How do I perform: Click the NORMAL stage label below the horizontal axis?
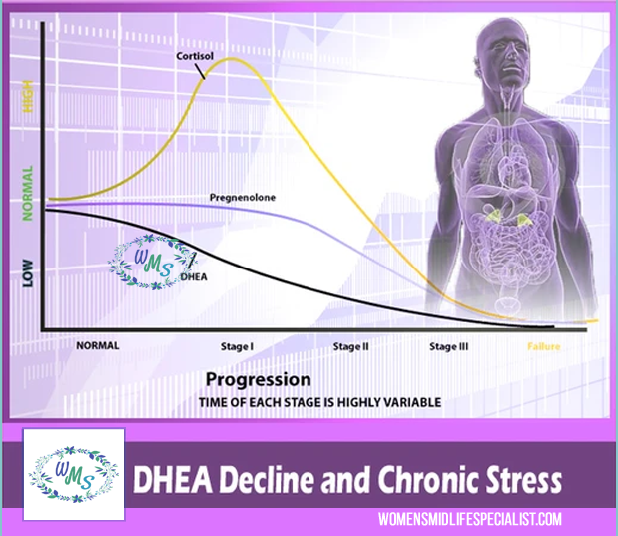[x=97, y=345]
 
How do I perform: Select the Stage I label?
[x=237, y=346]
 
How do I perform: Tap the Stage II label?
[x=351, y=346]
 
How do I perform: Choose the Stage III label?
[x=449, y=346]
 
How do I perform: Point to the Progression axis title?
[x=258, y=380]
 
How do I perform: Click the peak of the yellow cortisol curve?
[x=232, y=60]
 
